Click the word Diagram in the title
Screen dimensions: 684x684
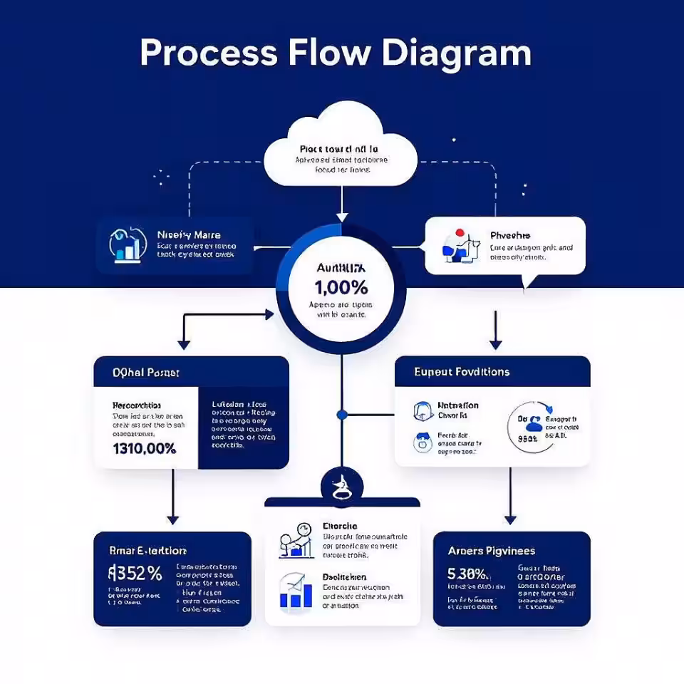point(456,53)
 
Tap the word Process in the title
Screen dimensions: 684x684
point(208,53)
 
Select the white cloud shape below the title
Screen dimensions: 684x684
point(341,146)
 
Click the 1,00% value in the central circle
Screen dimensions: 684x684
point(341,288)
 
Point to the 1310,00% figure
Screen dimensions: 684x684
point(145,449)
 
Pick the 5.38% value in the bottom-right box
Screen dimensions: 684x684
point(468,574)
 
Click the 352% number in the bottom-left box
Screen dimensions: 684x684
point(135,573)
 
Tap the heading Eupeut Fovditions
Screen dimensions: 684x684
point(462,372)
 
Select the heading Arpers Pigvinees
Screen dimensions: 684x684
point(491,551)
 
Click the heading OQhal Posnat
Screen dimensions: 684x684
point(146,372)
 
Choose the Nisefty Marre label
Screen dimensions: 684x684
point(189,234)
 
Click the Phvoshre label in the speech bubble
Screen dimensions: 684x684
point(510,235)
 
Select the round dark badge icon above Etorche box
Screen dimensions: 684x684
point(342,484)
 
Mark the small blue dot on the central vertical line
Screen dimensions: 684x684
point(342,414)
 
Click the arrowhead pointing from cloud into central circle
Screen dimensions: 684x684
point(342,216)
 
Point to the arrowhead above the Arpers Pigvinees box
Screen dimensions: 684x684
point(509,519)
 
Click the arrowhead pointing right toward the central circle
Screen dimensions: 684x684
point(269,313)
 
